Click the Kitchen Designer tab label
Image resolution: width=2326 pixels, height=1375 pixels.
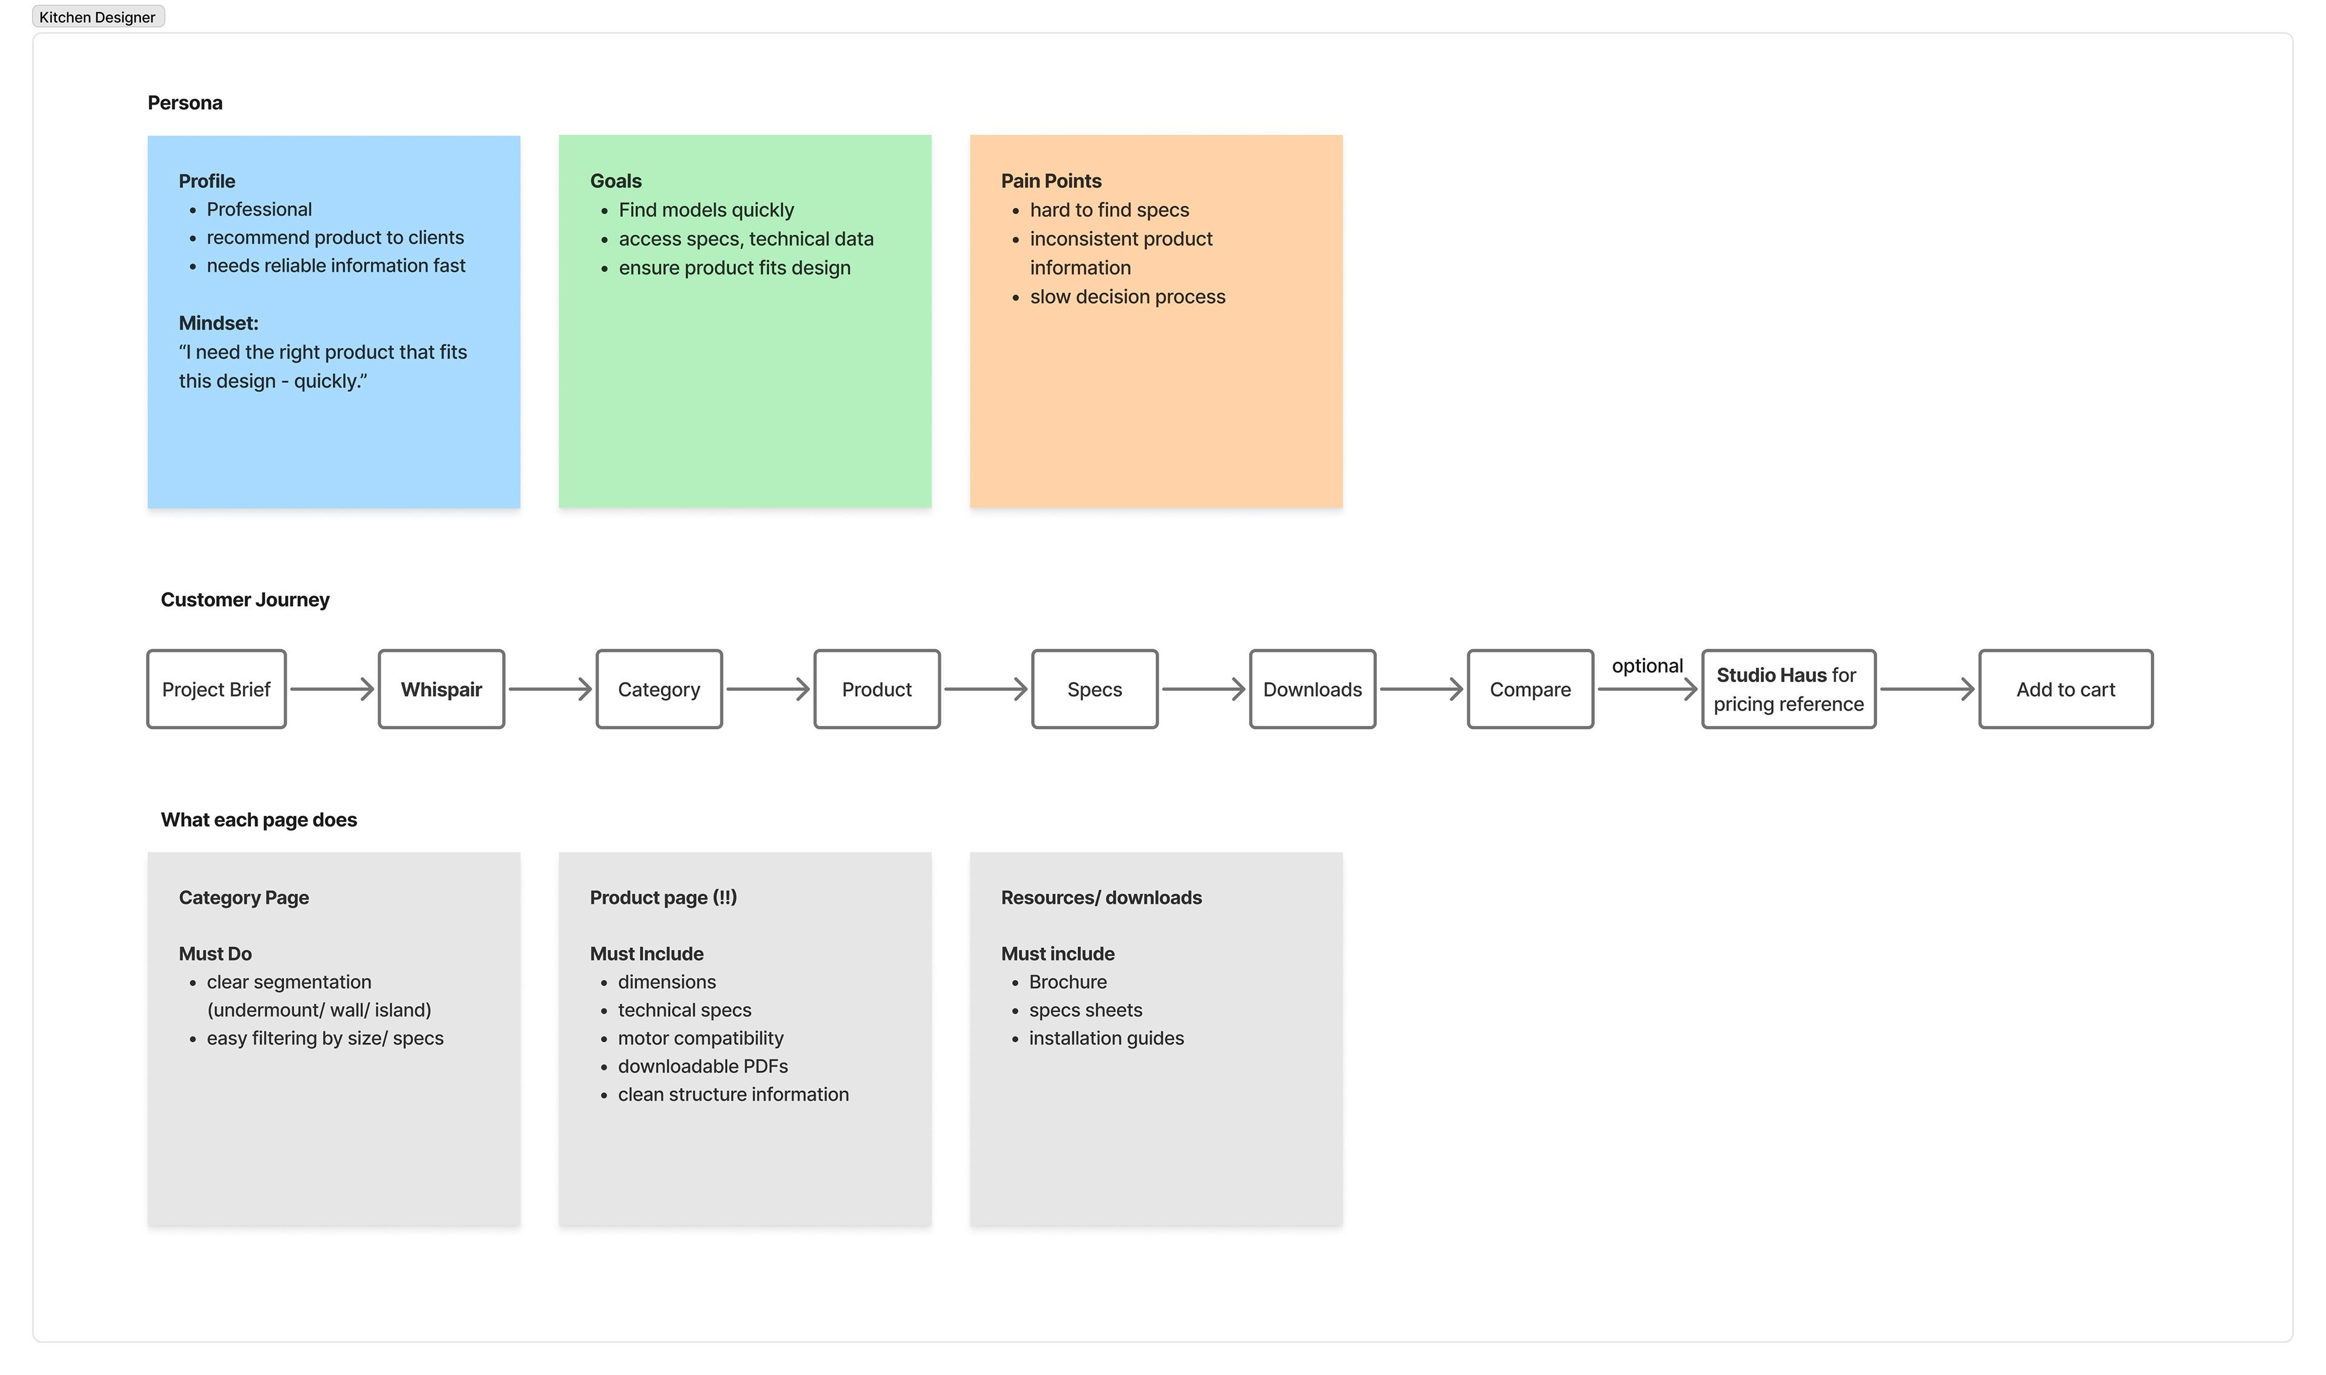point(98,17)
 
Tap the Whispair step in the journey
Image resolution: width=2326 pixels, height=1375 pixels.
point(442,689)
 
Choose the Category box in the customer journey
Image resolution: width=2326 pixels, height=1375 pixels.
point(660,689)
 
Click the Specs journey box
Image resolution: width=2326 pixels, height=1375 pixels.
point(1095,689)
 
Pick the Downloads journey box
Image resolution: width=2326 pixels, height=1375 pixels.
point(1313,689)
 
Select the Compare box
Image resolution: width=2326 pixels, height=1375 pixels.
point(1530,689)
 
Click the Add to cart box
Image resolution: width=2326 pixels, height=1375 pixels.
point(2066,689)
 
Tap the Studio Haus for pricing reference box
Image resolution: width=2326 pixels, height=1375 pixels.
point(1789,689)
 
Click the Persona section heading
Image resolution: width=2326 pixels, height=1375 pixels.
point(185,103)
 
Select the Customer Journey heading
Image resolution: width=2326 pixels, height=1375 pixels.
point(245,600)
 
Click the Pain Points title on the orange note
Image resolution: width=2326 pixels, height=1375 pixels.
point(1052,181)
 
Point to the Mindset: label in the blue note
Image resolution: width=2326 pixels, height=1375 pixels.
point(219,323)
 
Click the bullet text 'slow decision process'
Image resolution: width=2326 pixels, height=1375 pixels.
point(1127,296)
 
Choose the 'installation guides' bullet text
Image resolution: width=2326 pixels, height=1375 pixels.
point(1106,1038)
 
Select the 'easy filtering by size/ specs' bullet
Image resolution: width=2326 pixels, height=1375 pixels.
point(325,1038)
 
